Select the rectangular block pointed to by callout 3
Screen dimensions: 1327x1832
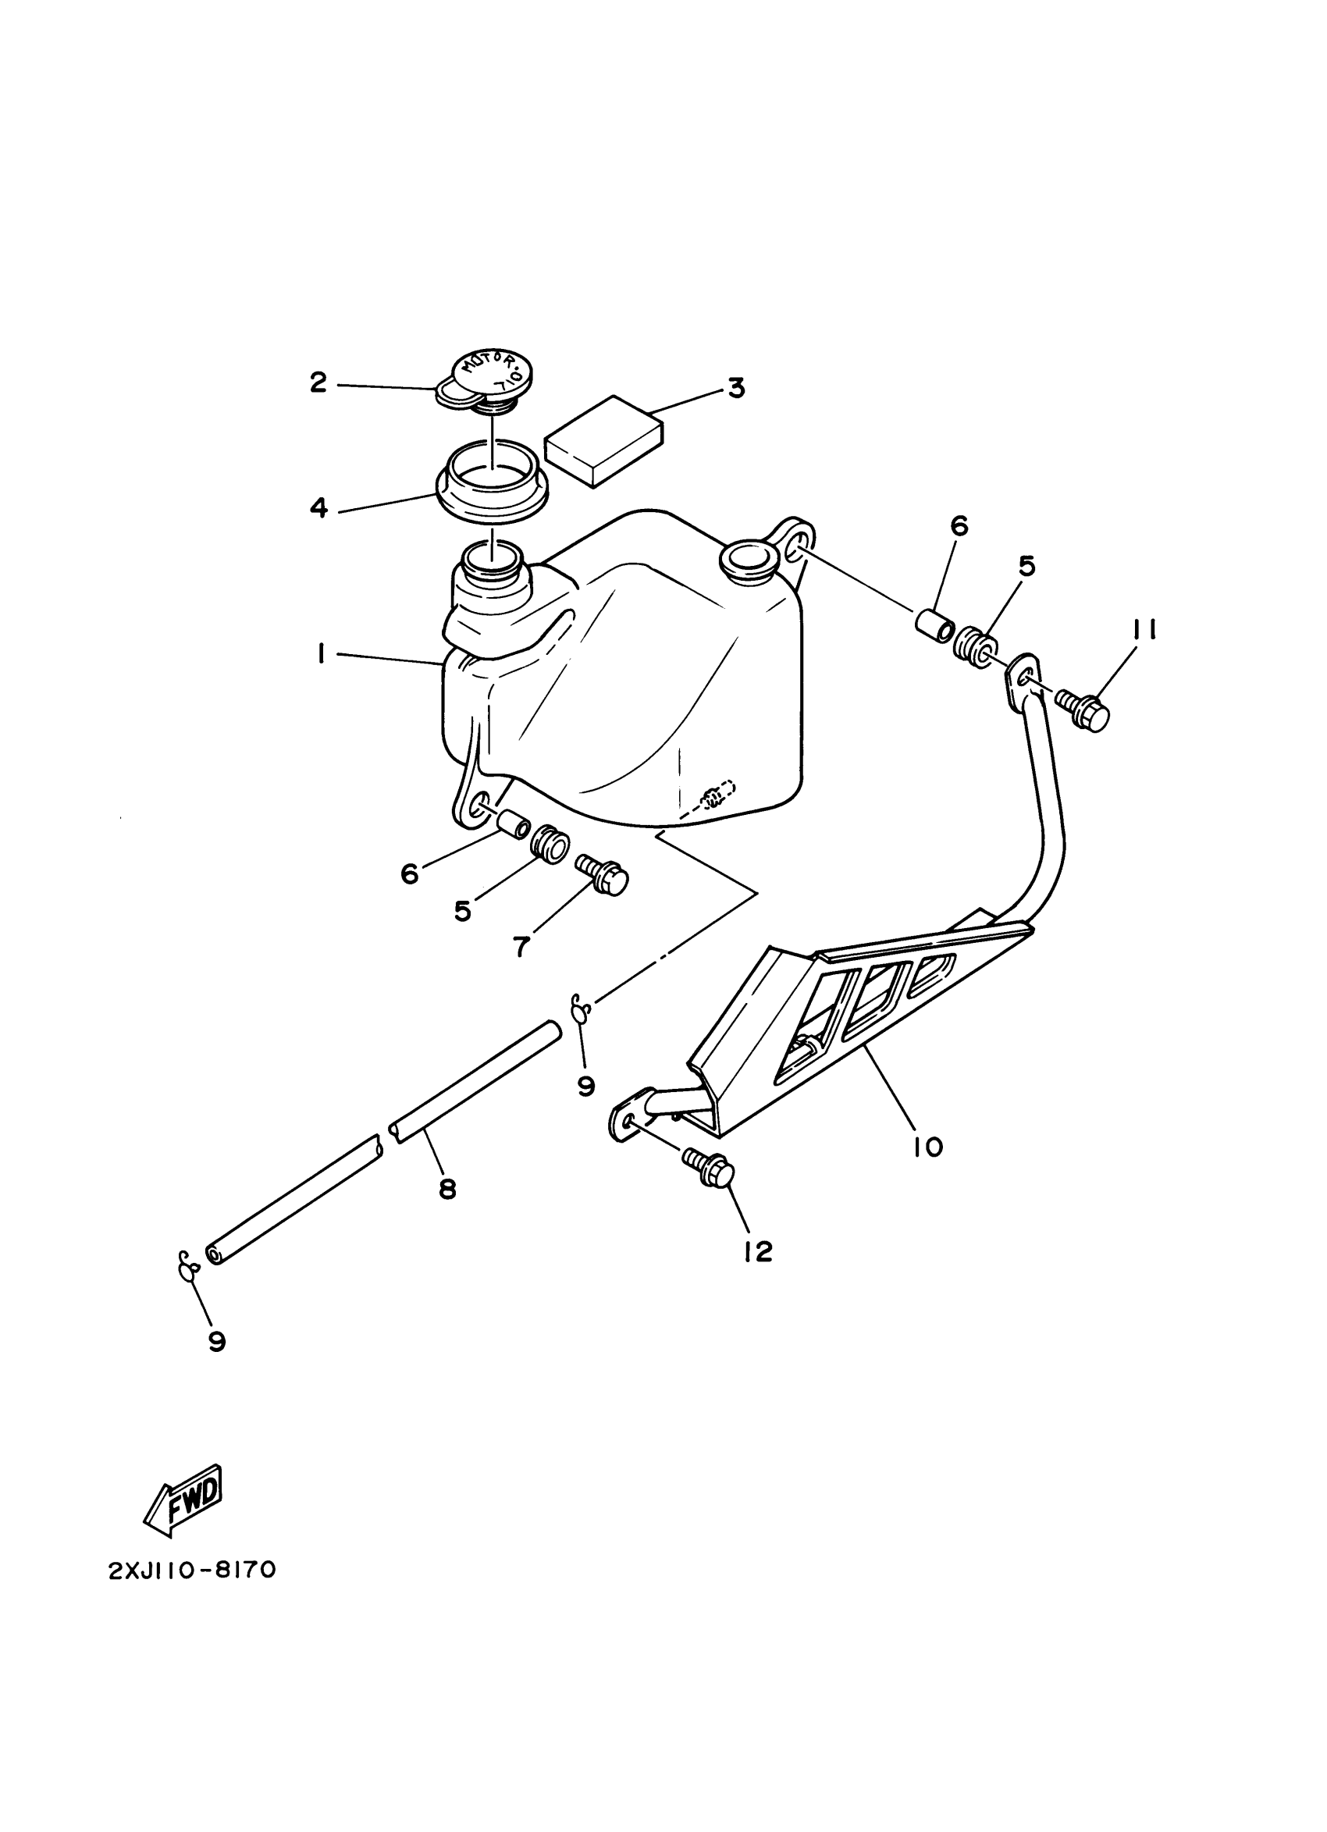point(604,440)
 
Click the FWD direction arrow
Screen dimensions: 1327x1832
point(183,1500)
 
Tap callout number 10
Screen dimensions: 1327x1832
point(929,1146)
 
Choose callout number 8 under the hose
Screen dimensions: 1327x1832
point(446,1188)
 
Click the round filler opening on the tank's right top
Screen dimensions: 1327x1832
point(747,557)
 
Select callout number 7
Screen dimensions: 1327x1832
point(521,946)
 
